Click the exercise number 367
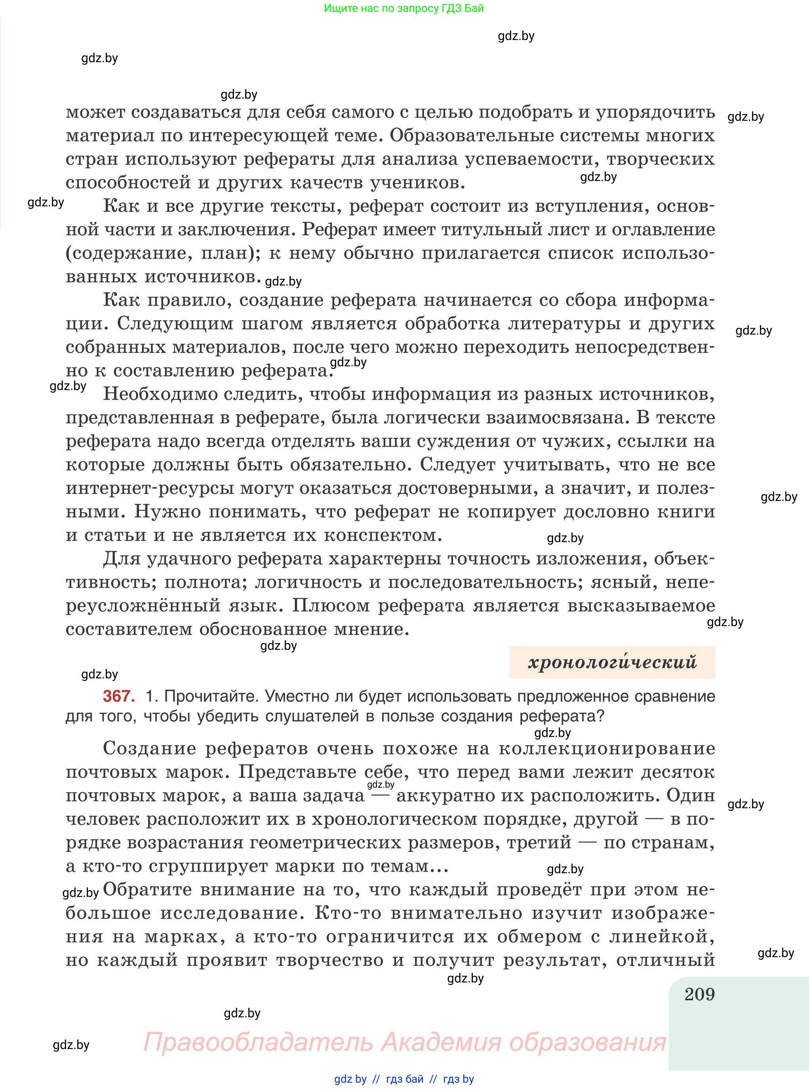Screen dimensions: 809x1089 [118, 696]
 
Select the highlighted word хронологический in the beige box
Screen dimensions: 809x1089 [612, 663]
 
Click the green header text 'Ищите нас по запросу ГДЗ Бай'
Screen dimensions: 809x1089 [404, 8]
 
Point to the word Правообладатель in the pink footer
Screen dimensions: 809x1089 [258, 1041]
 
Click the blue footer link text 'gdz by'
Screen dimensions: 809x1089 [350, 1079]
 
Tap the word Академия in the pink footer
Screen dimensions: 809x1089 [441, 1041]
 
